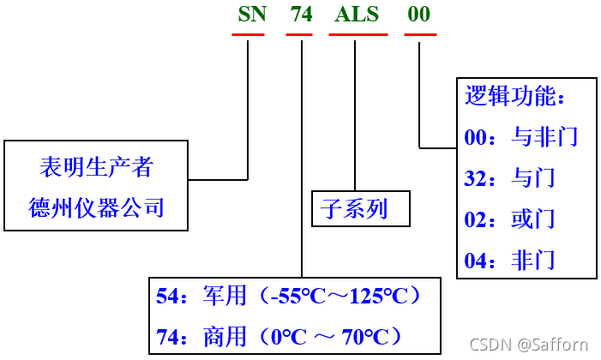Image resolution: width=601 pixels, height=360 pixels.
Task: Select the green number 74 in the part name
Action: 301,15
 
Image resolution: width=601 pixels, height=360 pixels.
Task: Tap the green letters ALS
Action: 357,15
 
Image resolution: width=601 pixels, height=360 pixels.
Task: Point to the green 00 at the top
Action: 419,15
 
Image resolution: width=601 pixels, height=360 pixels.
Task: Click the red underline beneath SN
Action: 248,34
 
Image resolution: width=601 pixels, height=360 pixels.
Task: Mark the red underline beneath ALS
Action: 358,34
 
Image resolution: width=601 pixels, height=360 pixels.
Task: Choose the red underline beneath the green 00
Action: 420,34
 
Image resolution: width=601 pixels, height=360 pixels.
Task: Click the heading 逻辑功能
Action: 514,95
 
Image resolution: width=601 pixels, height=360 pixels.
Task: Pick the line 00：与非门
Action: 521,136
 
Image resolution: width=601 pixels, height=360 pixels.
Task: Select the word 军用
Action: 225,297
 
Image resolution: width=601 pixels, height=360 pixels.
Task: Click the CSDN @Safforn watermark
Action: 540,345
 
